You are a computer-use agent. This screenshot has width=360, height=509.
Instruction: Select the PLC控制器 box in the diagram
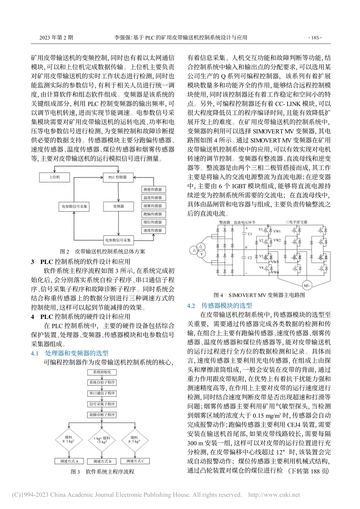[118, 177]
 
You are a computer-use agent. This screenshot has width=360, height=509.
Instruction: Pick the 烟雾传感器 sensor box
[153, 206]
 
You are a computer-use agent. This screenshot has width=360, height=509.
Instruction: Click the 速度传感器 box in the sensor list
[153, 230]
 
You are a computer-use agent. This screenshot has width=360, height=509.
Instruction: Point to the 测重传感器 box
[153, 189]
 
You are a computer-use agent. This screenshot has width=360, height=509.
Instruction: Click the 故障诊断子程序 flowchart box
[102, 415]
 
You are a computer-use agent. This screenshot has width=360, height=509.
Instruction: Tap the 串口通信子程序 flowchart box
[102, 393]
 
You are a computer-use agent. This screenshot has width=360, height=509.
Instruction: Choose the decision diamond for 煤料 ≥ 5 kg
[134, 440]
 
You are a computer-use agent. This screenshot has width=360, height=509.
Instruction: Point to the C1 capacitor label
[249, 234]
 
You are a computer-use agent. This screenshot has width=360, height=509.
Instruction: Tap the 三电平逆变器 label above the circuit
[297, 222]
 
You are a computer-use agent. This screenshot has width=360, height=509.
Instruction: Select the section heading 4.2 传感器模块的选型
[220, 306]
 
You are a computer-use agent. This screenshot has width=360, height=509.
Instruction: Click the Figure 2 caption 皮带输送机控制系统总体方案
[110, 251]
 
